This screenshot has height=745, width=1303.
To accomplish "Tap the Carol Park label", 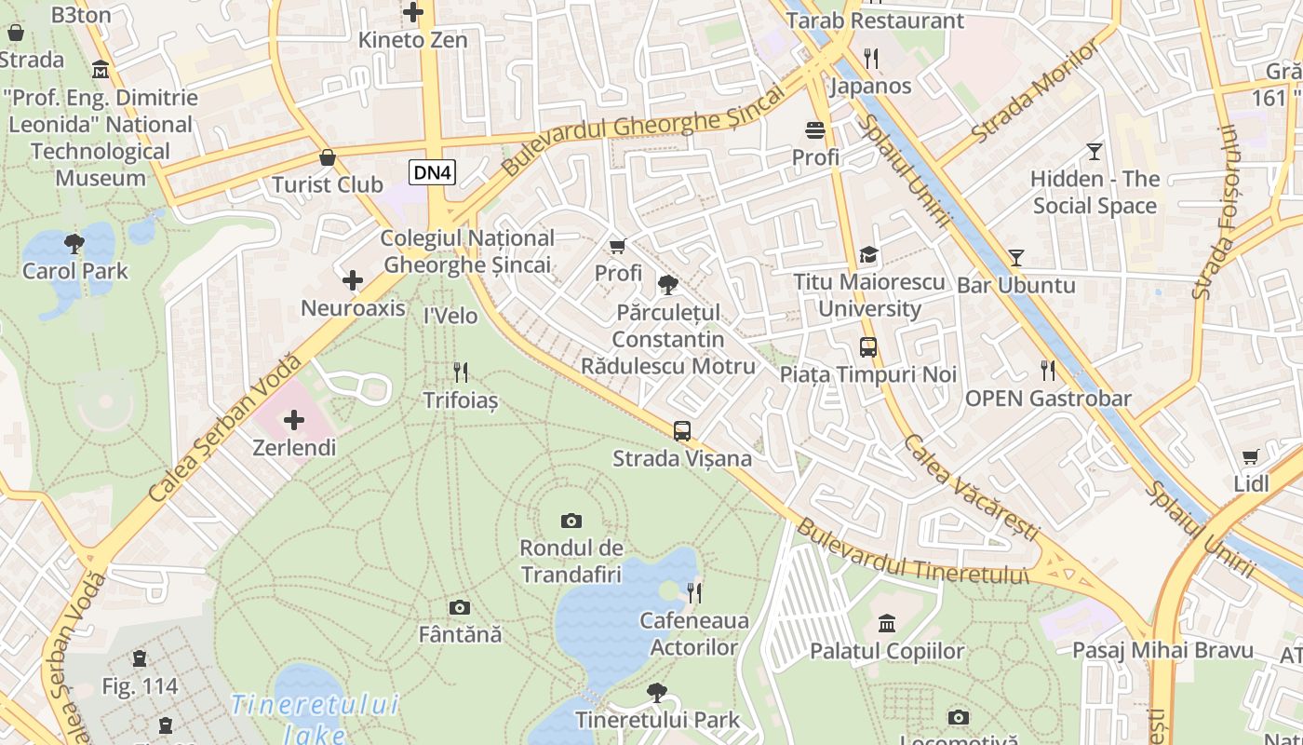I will [75, 271].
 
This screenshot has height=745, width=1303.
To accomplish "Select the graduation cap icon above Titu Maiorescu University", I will [868, 254].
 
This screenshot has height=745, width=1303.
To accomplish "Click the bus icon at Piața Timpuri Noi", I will [868, 347].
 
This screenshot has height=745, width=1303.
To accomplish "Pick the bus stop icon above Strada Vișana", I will [682, 431].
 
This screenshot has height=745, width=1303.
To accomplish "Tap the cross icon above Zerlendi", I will [294, 420].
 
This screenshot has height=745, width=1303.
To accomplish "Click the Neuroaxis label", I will [353, 307].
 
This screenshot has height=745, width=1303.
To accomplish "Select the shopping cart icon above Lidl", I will [1251, 457].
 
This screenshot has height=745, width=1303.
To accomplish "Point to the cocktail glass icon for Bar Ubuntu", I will [1016, 258].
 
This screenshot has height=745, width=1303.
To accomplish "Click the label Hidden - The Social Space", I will [1095, 193].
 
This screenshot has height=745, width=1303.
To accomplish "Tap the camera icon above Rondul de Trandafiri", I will [571, 521].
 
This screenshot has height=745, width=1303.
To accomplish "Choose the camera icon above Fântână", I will [460, 608].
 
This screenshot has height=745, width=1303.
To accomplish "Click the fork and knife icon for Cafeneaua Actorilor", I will [694, 593].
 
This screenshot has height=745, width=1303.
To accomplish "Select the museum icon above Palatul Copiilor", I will [887, 623].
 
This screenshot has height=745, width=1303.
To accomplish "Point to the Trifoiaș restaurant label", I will [461, 400].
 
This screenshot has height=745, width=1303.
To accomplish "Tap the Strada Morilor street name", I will [1034, 93].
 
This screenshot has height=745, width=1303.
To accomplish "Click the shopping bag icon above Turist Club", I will [328, 157].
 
